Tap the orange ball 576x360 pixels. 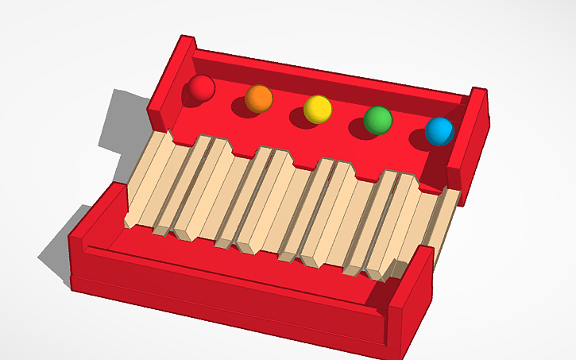259,99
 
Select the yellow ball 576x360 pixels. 318,109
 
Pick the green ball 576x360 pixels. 378,120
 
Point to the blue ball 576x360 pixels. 439,131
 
